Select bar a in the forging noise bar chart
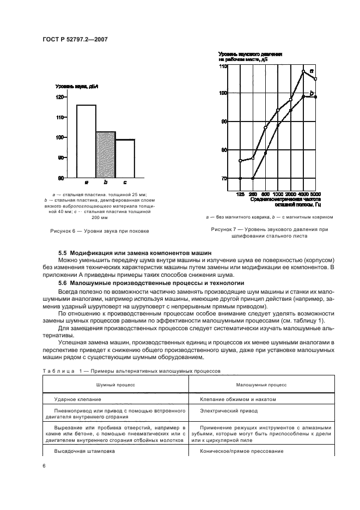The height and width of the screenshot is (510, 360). (x=86, y=142)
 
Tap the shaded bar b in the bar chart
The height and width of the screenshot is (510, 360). (x=106, y=155)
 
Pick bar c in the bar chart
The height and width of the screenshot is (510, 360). (x=125, y=159)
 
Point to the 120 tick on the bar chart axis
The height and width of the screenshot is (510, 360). (x=59, y=97)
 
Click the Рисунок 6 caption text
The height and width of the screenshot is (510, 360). (x=99, y=231)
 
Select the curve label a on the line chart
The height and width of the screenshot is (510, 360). (x=311, y=71)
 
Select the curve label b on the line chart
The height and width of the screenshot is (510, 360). (x=311, y=93)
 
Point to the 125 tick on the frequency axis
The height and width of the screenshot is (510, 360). (x=241, y=194)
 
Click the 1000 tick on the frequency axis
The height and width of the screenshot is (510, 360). (x=278, y=194)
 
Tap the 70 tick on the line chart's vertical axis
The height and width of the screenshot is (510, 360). (x=223, y=179)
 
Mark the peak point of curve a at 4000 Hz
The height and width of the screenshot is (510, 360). (x=303, y=71)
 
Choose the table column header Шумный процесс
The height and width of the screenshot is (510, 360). (x=115, y=384)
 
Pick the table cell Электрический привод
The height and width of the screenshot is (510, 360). (x=221, y=411)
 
